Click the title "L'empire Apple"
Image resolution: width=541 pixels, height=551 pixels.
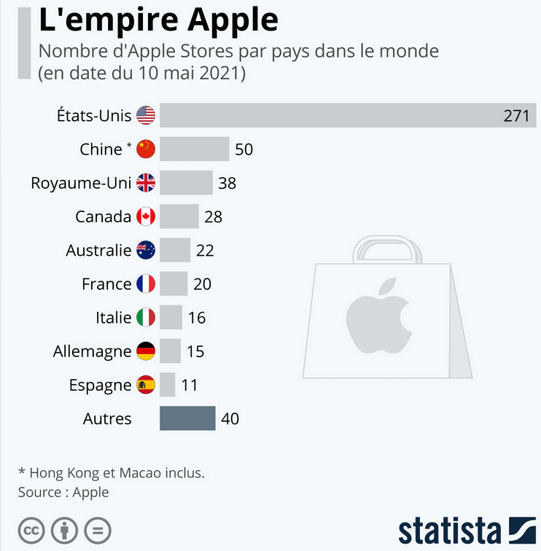(158, 20)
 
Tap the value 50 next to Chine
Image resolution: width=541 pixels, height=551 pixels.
(244, 149)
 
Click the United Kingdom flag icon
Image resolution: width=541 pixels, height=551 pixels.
(146, 183)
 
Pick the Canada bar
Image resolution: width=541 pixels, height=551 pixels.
(179, 216)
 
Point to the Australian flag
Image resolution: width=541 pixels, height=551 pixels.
(146, 250)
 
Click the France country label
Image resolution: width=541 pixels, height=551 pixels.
(106, 284)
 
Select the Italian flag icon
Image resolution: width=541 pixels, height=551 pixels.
(146, 317)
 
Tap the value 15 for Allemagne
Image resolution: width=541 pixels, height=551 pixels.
(195, 351)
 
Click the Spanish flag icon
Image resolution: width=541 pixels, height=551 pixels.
(146, 385)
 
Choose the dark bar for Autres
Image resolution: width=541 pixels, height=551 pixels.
(187, 418)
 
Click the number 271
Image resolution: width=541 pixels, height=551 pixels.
(516, 115)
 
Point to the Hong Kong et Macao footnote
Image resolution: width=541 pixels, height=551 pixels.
(112, 473)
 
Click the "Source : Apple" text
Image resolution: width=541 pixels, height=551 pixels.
(63, 492)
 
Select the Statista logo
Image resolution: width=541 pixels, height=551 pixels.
(467, 529)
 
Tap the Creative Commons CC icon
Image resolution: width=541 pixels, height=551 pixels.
(31, 529)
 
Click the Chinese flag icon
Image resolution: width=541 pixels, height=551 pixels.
(146, 149)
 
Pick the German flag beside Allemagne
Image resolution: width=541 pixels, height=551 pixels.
(146, 351)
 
